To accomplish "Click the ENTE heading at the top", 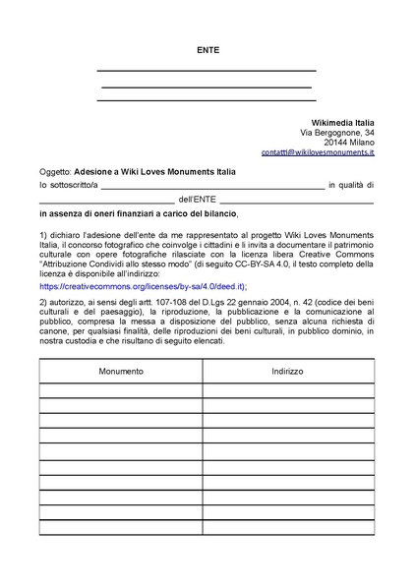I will [x=208, y=48].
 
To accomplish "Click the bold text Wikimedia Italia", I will [x=339, y=122].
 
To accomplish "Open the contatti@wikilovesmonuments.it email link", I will [x=318, y=154].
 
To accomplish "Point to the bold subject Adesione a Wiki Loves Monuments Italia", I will [x=155, y=171].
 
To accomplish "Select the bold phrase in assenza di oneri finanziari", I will [x=108, y=212].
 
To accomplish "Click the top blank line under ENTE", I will [x=208, y=70].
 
